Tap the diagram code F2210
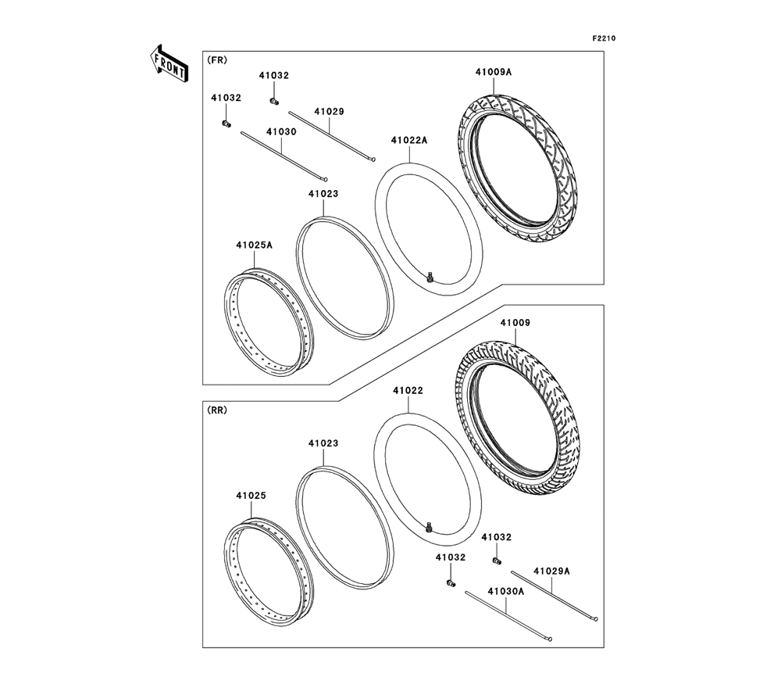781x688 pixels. point(604,38)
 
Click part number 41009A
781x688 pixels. point(493,72)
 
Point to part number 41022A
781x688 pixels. point(409,141)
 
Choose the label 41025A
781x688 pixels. point(254,245)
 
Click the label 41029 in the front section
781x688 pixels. point(329,111)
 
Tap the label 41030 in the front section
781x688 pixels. point(282,132)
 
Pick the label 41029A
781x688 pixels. point(552,571)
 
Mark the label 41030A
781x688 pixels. point(506,592)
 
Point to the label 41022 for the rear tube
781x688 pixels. point(408,389)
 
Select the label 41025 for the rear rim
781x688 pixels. point(251,495)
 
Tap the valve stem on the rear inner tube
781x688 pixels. point(429,528)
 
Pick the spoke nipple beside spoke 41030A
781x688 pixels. point(450,584)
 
